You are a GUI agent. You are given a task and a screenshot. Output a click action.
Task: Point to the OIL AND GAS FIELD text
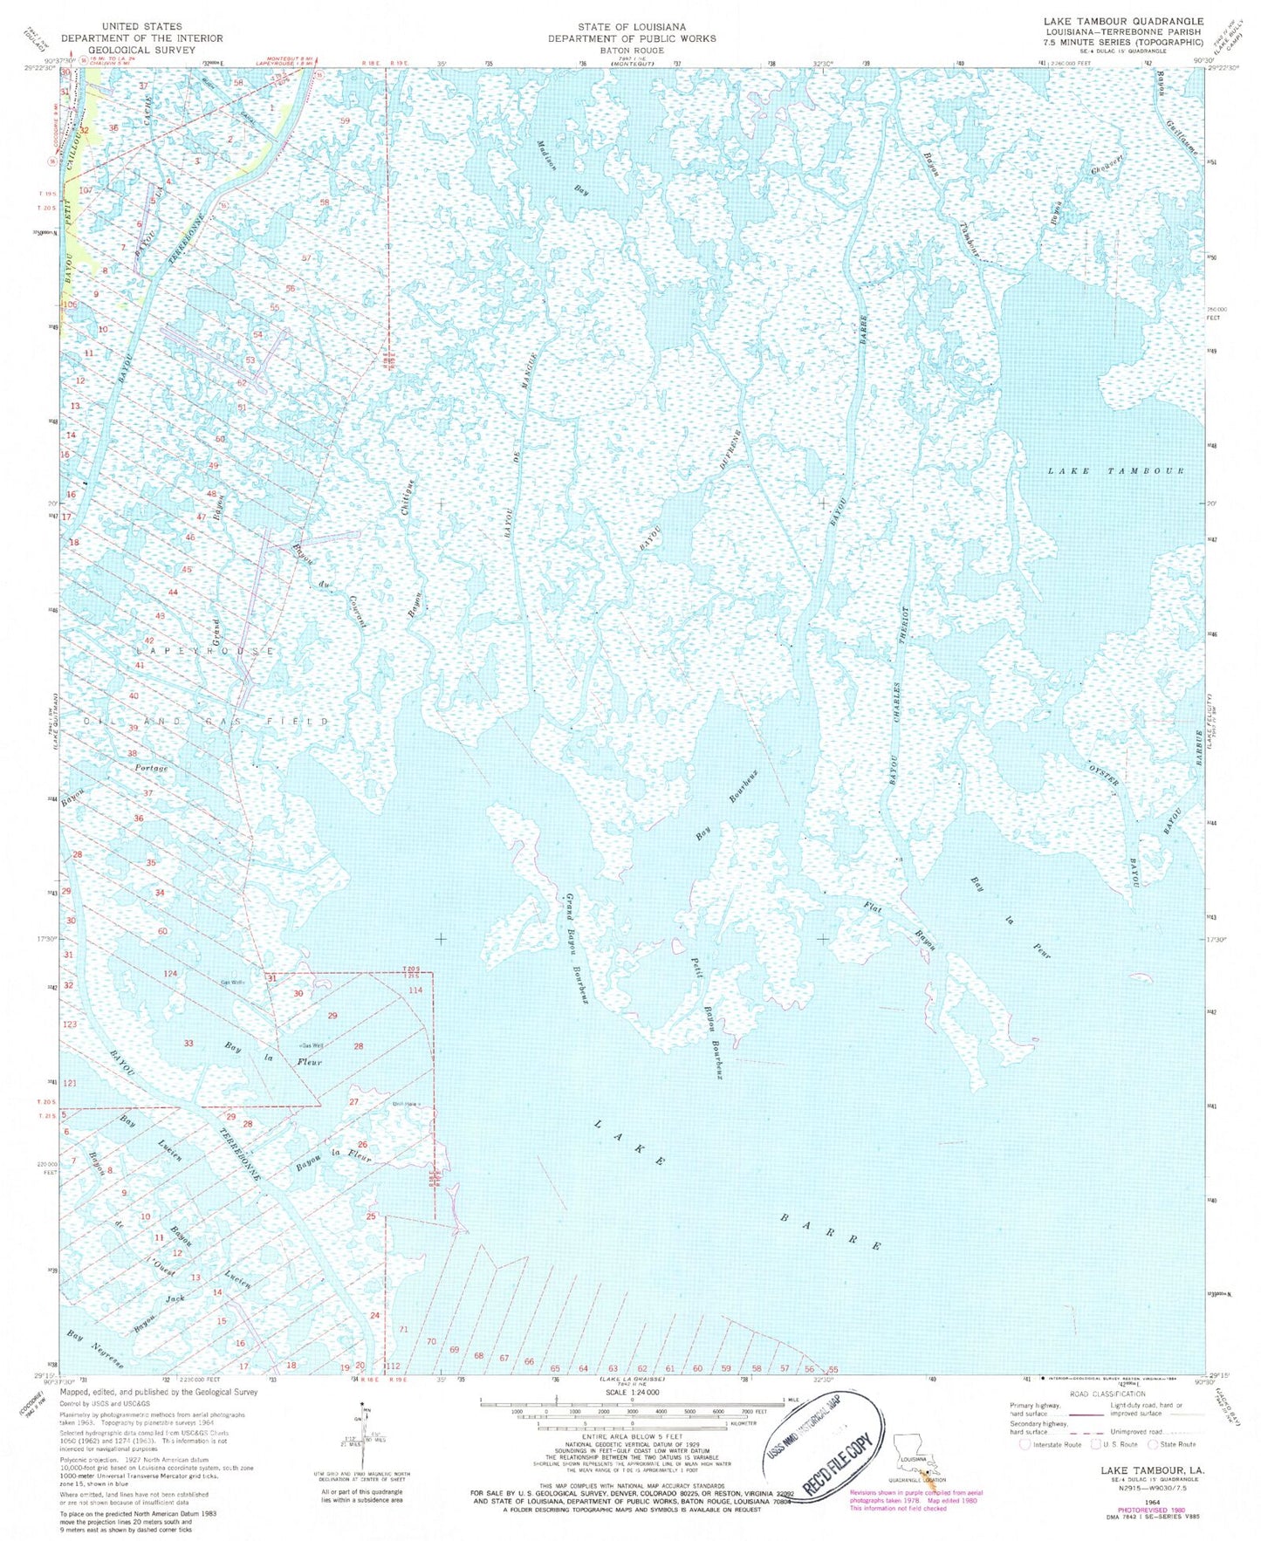pos(206,721)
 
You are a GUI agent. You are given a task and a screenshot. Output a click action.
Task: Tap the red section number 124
pos(170,973)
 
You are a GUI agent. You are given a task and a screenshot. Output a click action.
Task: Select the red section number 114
pos(415,990)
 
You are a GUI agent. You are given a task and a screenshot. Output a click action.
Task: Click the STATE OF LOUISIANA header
pos(631,27)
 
